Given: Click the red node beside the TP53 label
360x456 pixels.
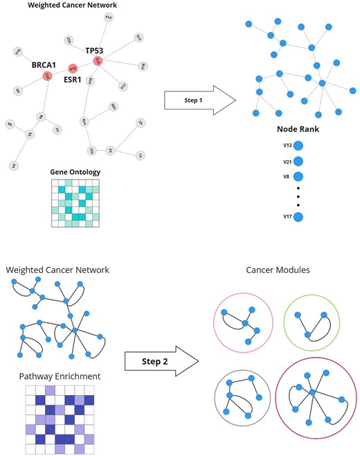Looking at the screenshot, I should [98, 62].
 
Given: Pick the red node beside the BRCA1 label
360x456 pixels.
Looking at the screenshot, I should [47, 75].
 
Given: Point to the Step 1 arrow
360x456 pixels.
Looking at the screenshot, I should [197, 101].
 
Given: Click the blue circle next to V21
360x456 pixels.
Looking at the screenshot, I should [298, 161].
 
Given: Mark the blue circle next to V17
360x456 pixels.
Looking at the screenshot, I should [298, 218].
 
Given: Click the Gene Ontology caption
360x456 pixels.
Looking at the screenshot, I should [75, 171].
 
